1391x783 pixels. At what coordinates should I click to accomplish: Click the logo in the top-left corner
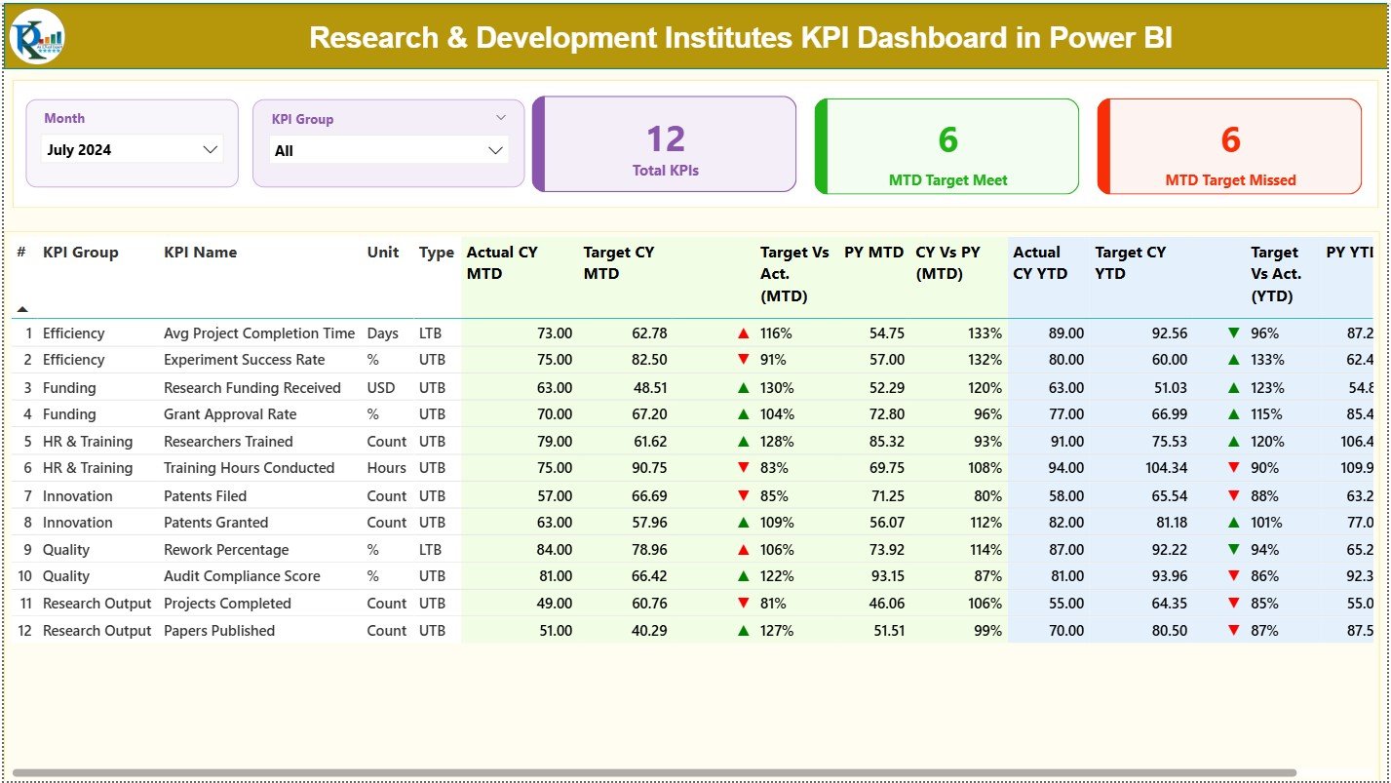click(37, 37)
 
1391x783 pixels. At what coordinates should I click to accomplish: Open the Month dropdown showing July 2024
click(133, 150)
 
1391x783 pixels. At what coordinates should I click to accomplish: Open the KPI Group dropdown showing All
click(388, 151)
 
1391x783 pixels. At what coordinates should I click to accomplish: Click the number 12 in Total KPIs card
click(666, 139)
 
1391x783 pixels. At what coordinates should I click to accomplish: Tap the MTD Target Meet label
click(947, 180)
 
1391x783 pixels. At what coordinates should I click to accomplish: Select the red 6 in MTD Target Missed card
click(1230, 140)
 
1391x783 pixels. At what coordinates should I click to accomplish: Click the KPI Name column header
click(200, 253)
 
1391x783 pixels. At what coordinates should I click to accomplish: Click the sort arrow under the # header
click(22, 309)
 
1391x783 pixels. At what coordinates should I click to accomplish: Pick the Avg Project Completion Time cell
click(258, 333)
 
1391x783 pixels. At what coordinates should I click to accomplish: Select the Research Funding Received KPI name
click(251, 388)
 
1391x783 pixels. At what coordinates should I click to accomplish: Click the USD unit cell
click(381, 388)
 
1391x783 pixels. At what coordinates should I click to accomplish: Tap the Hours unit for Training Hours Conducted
click(387, 468)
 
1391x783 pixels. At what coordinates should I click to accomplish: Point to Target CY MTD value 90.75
click(649, 468)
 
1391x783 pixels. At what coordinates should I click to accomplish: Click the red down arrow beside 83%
click(744, 469)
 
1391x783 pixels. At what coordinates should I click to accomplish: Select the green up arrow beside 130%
click(744, 388)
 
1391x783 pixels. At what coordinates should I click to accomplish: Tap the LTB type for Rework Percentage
click(431, 550)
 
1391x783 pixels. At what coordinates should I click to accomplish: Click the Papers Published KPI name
click(218, 631)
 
